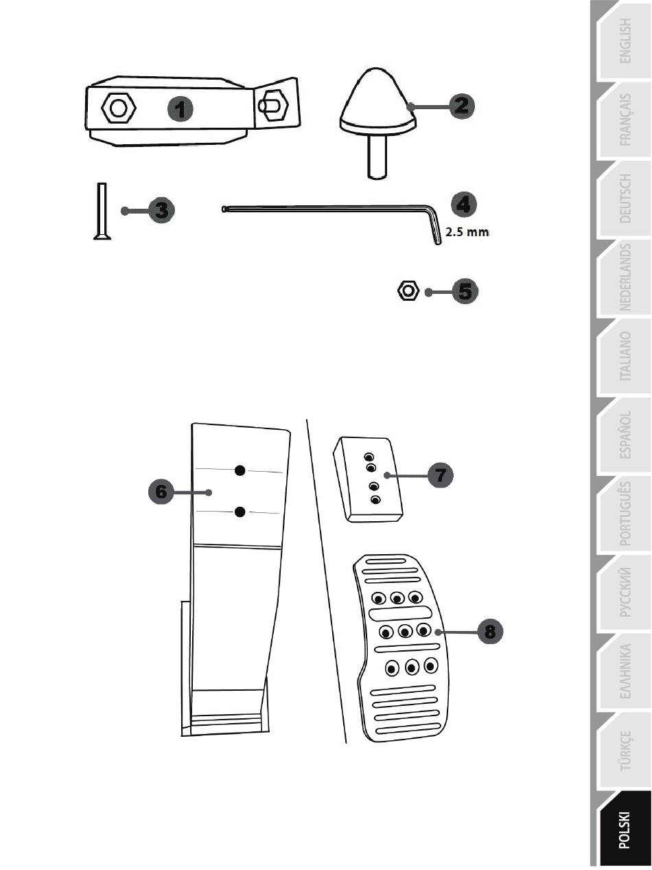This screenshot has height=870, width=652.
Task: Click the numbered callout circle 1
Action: [181, 108]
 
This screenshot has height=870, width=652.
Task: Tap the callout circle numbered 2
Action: [461, 106]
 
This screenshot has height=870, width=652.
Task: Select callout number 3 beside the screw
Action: [161, 210]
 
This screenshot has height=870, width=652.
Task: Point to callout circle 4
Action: [463, 205]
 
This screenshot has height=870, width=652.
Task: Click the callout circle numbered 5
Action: [465, 292]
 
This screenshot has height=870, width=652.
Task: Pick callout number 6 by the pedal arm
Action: [161, 492]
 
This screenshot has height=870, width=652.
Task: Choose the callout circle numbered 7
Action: [440, 474]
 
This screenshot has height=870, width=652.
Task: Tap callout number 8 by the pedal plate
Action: [490, 631]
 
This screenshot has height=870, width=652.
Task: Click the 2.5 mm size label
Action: [467, 232]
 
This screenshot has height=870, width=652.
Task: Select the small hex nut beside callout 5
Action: [408, 291]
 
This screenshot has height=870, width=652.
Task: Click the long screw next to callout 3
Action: [102, 211]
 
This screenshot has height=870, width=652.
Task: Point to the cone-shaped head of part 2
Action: [378, 100]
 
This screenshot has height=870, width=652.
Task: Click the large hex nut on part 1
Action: [119, 108]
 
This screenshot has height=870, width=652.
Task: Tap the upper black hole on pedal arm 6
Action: [240, 470]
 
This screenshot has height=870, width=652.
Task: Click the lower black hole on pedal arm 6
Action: [240, 512]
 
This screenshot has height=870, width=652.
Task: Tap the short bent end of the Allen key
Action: [434, 226]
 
